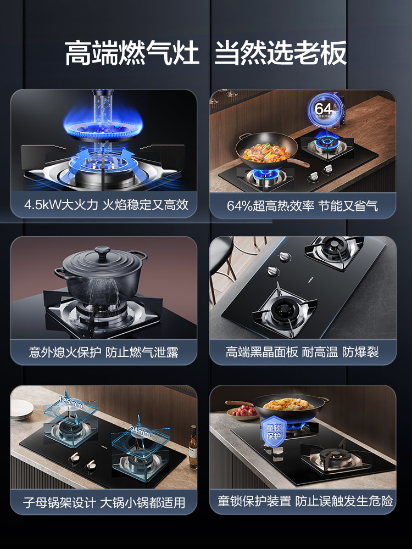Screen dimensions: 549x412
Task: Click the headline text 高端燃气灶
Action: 132,54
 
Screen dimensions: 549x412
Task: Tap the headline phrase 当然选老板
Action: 281,54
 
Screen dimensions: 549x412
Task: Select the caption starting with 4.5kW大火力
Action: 106,205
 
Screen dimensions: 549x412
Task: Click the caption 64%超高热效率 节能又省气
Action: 303,206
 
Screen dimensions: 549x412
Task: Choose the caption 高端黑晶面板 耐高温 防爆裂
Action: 302,352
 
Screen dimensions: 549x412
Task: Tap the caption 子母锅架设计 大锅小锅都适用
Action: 104,502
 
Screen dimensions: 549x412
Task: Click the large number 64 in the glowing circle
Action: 323,109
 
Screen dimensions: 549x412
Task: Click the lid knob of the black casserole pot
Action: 102,251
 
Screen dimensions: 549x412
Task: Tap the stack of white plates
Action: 22,408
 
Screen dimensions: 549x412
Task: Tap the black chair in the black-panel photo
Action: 222,261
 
